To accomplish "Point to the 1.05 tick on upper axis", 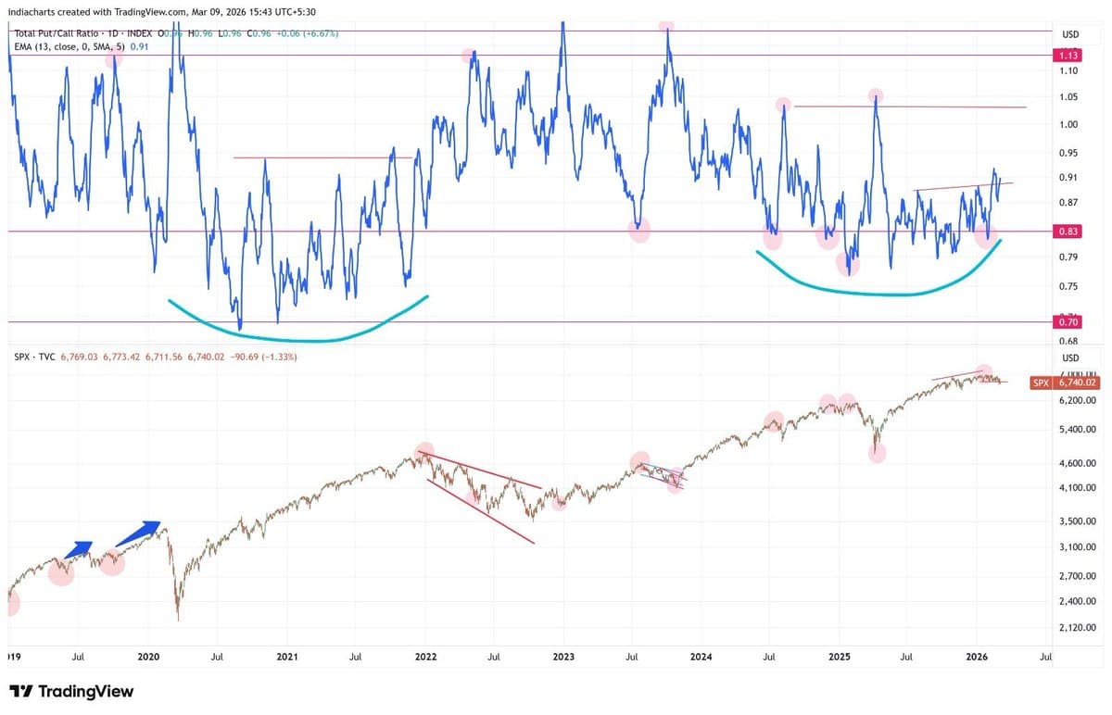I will click(x=1068, y=97).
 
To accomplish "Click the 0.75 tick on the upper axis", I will click(x=1068, y=287).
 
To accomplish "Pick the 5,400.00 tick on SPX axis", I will click(x=1076, y=430).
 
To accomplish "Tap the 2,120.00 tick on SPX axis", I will click(x=1076, y=629).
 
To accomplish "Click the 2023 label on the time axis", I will click(x=563, y=657).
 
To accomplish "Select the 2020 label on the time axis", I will click(x=149, y=657).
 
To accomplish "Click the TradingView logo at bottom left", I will click(x=71, y=692).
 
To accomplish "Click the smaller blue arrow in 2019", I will click(x=77, y=549).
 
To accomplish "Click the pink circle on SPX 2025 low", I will click(x=876, y=452).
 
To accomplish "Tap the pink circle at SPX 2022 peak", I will click(x=423, y=450).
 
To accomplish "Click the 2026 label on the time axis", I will click(x=978, y=657).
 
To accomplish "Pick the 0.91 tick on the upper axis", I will click(x=1068, y=178).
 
